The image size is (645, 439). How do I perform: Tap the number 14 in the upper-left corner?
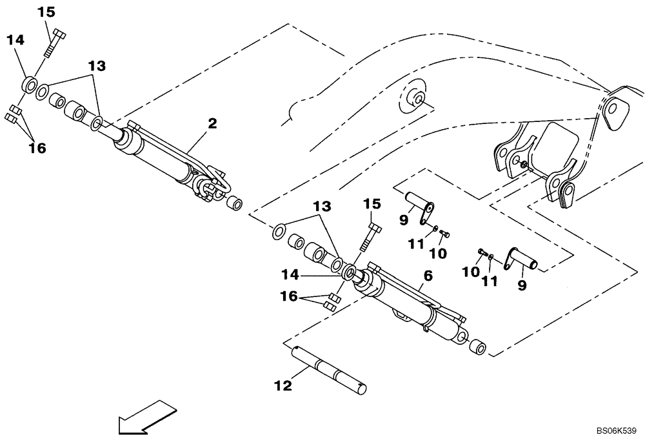(x=15, y=41)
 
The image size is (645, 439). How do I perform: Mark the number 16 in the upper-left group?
(x=37, y=148)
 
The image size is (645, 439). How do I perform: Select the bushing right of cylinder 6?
(x=478, y=347)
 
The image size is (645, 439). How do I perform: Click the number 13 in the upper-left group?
(x=97, y=66)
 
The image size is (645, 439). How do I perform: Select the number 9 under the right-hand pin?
(x=521, y=285)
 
